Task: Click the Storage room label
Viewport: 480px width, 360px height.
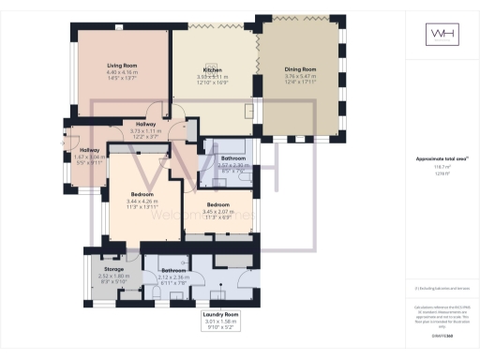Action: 112,268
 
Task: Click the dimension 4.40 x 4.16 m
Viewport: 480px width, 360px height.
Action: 122,72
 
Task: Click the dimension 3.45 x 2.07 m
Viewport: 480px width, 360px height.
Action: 217,210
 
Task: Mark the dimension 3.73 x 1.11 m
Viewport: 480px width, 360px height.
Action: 145,131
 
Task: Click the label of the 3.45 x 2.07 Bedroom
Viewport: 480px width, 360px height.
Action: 217,203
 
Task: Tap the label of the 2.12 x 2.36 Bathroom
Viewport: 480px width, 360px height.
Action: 174,270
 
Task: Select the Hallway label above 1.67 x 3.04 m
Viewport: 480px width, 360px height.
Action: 89,150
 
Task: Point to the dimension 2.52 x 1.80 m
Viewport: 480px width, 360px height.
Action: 112,276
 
